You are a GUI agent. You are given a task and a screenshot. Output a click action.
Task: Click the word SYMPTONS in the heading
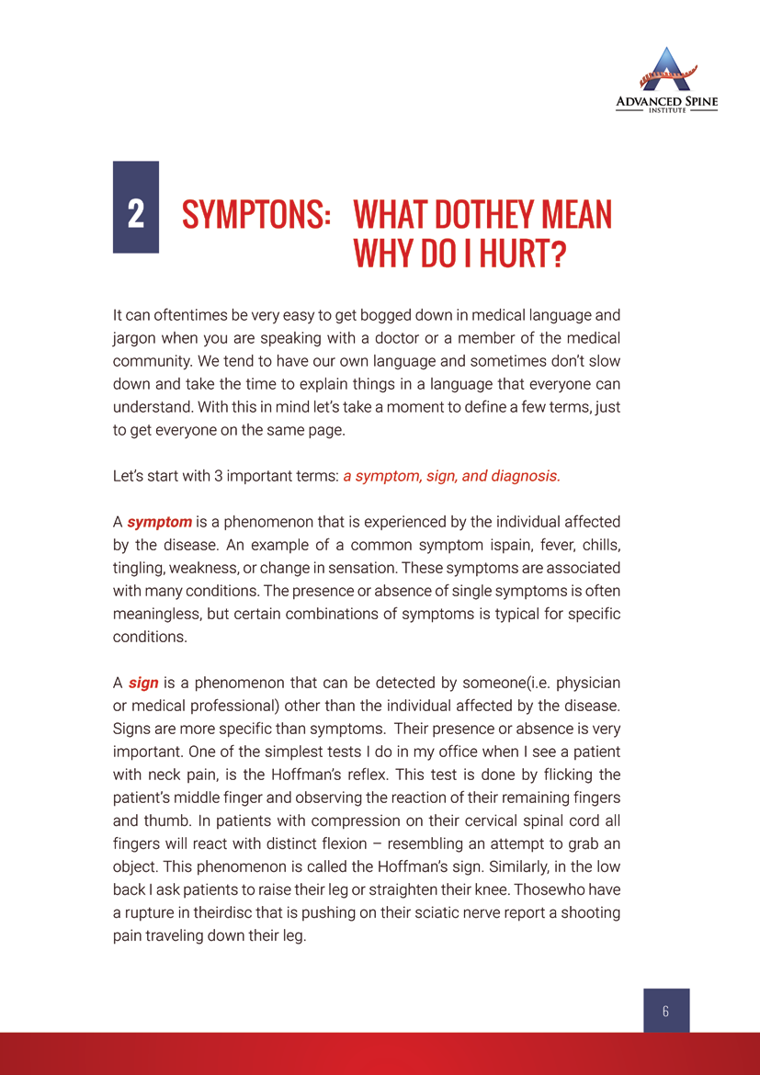(256, 215)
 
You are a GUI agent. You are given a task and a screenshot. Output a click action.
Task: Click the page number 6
(665, 1011)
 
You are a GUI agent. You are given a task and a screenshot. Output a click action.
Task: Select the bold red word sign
(143, 683)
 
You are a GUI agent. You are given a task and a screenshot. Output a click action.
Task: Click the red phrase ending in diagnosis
(451, 476)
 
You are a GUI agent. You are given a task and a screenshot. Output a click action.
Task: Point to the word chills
(586, 545)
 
